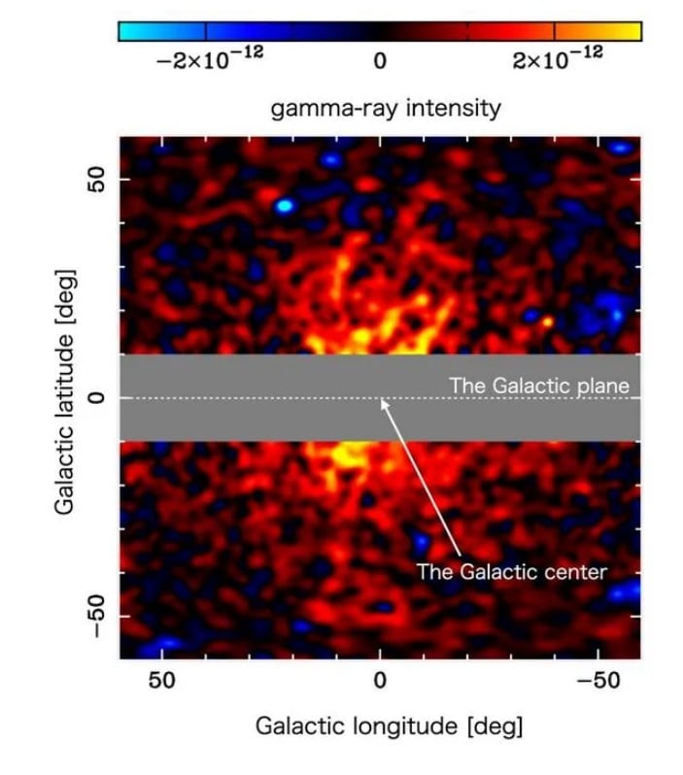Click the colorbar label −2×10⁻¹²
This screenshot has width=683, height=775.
(209, 60)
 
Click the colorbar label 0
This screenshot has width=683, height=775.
(380, 61)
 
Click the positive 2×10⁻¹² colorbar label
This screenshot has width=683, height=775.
(557, 60)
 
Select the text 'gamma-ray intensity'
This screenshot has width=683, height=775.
(386, 107)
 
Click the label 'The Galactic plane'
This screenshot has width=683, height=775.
(539, 386)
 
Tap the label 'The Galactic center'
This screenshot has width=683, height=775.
(512, 571)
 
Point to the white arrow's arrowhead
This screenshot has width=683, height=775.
(384, 403)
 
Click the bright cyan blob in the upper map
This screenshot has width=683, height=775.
(284, 206)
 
